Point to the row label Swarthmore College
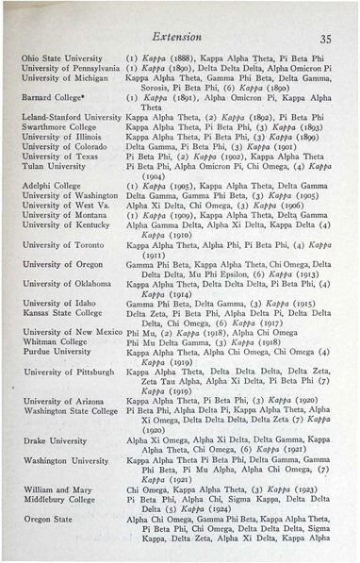(58, 125)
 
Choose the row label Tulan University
(57, 166)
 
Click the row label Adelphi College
(52, 186)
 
